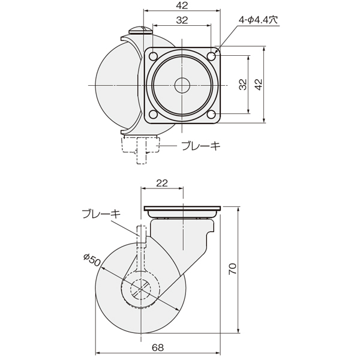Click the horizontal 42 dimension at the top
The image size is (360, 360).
[182, 5]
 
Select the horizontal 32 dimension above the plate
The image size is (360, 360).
[182, 20]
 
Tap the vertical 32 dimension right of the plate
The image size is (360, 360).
[242, 84]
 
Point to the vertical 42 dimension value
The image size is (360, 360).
[259, 84]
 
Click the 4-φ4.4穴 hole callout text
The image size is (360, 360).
[258, 20]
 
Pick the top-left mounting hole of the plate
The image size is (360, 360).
[153, 56]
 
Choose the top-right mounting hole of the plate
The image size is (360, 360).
[211, 56]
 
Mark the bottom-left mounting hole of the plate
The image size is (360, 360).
[153, 114]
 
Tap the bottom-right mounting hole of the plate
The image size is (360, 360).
[211, 114]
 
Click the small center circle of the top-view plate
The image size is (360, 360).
[182, 85]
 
